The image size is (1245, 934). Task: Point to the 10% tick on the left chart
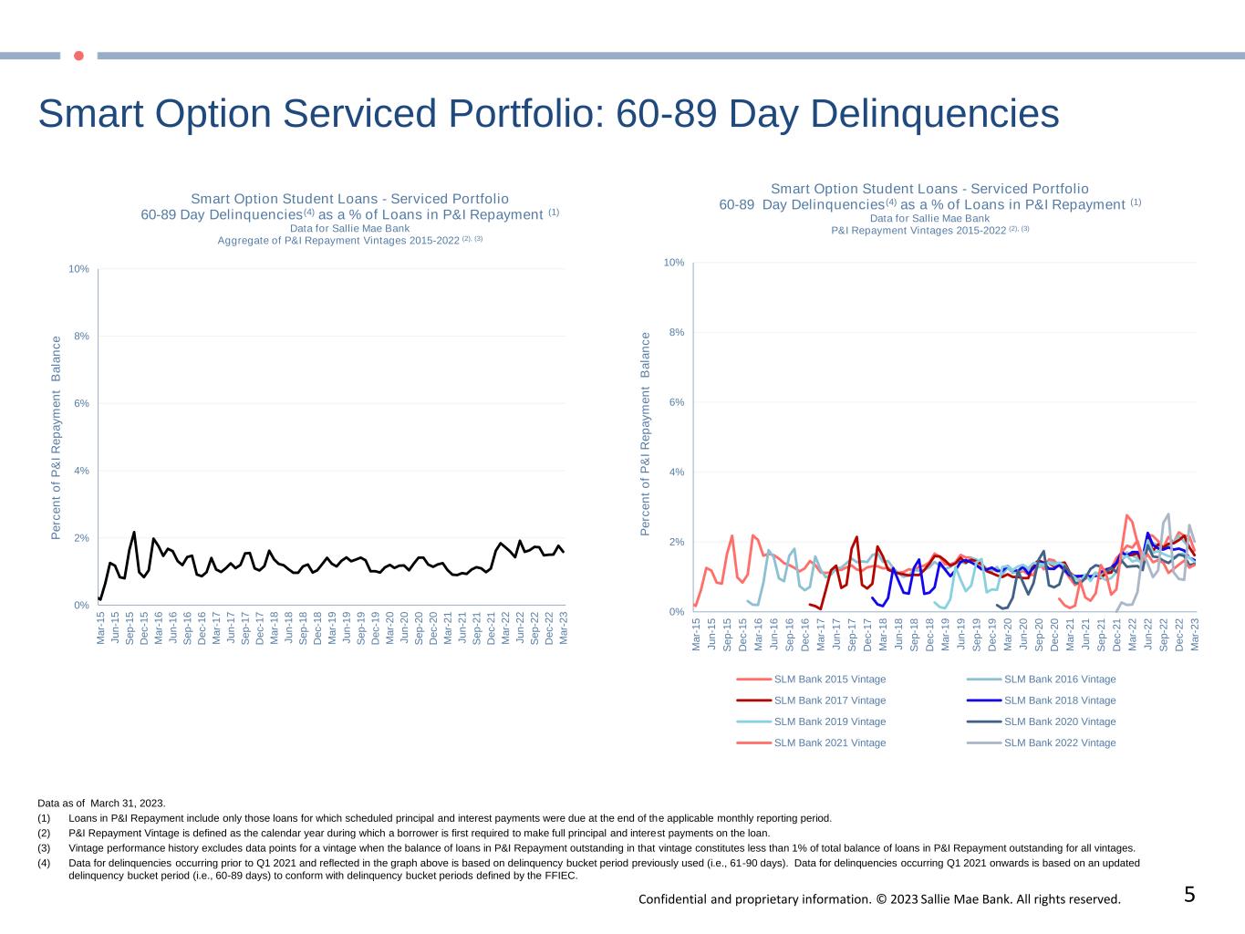[x=78, y=269]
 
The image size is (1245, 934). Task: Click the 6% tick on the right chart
[x=676, y=402]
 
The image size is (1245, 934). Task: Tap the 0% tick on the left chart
[x=81, y=606]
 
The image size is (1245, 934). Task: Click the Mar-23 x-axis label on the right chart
[x=1194, y=634]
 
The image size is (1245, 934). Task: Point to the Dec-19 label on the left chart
[x=376, y=629]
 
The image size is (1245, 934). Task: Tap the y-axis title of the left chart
[x=57, y=438]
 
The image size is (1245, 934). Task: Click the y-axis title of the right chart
[x=646, y=433]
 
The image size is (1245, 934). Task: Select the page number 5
[x=1189, y=895]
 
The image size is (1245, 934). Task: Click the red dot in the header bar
[x=78, y=56]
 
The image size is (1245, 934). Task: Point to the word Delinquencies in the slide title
[x=934, y=115]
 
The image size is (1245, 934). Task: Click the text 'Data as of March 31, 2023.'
[x=101, y=804]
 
